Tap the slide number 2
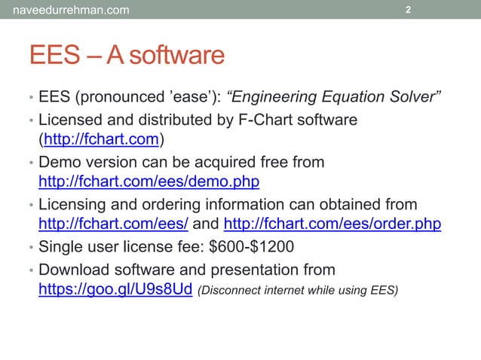(408, 10)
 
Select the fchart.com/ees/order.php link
(333, 224)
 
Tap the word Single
(63, 246)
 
